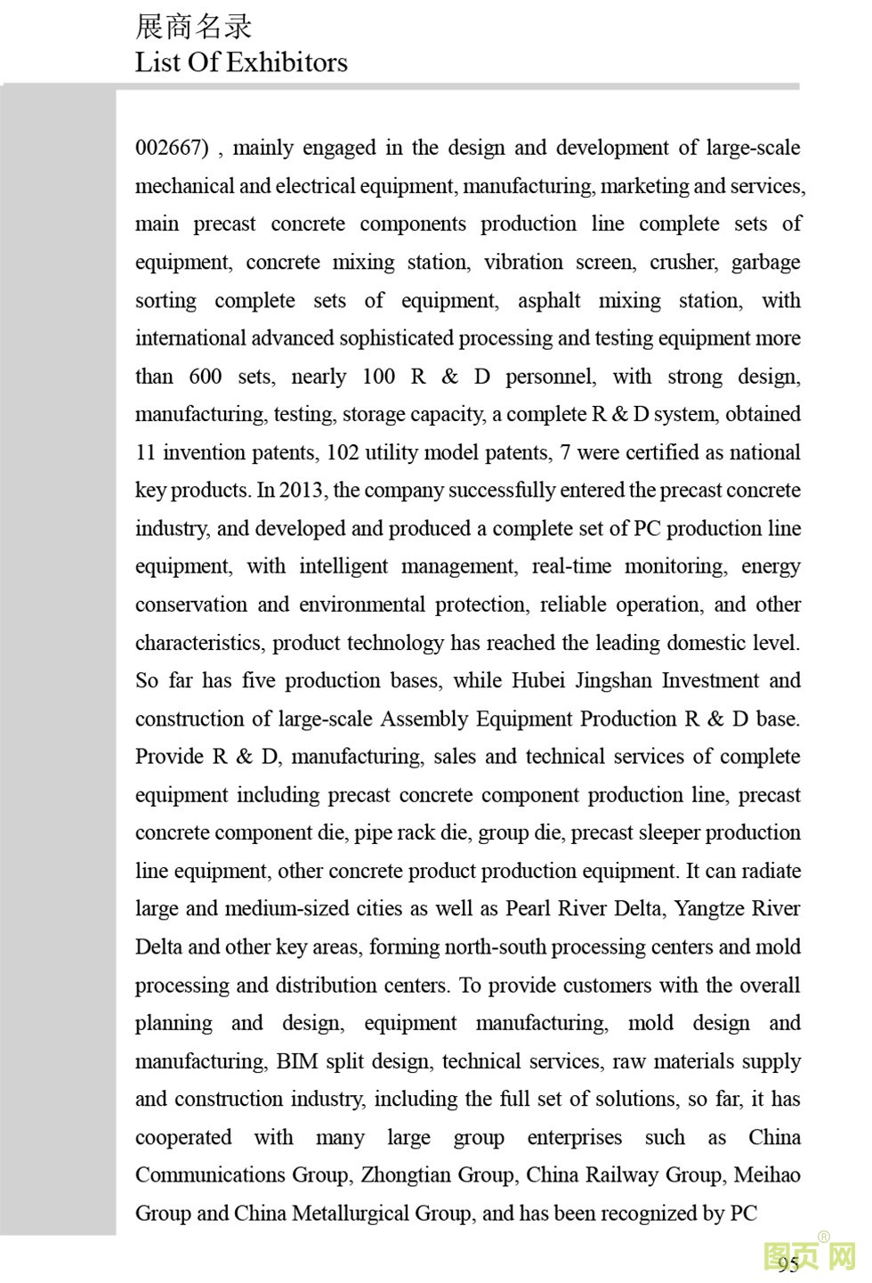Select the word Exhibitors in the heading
(287, 62)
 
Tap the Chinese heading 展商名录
(193, 27)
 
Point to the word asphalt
(549, 300)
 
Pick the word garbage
(765, 262)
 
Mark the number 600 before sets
(205, 376)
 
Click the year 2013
(301, 490)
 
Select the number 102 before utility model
(343, 452)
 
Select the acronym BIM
(296, 1060)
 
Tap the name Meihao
(767, 1174)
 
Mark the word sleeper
(657, 832)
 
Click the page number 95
(787, 1263)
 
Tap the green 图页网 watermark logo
(809, 1255)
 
